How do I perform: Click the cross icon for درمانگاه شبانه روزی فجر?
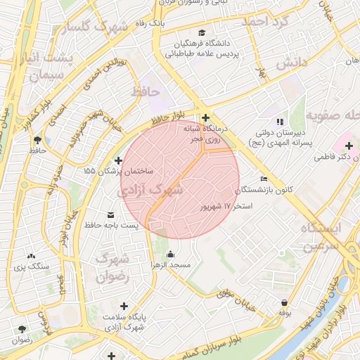(205, 118)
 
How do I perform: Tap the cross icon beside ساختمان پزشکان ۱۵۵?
(117, 161)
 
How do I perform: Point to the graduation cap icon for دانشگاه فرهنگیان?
(202, 33)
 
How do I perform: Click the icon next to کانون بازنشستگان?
(264, 179)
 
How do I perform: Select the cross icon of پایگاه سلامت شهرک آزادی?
(124, 307)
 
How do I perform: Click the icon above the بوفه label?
(284, 302)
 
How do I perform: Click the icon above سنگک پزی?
(31, 256)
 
